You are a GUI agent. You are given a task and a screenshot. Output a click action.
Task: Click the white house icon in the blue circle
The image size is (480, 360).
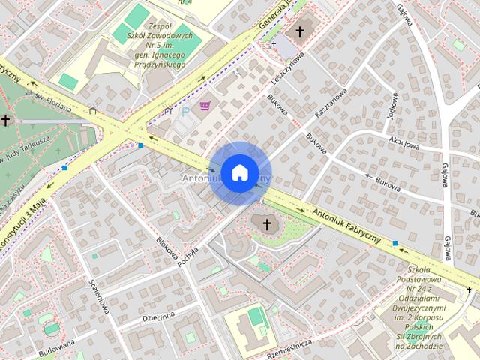click(x=239, y=172)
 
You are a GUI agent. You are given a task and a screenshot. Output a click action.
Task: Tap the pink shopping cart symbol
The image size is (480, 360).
click(x=205, y=106)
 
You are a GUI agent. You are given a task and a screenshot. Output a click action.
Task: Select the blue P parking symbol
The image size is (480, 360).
click(x=185, y=111)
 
